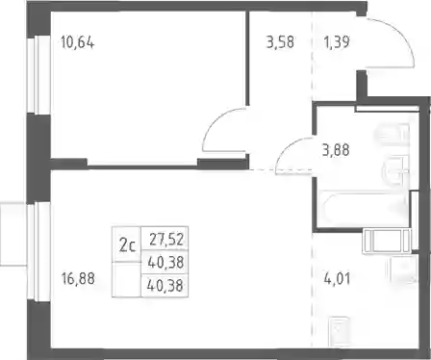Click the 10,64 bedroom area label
(x=78, y=42)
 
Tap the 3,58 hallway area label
(x=280, y=42)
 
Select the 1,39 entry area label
(x=337, y=42)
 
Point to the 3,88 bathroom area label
(x=336, y=150)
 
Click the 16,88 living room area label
(x=78, y=278)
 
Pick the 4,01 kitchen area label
(x=337, y=278)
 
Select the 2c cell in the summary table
(x=127, y=245)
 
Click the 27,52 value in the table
(x=166, y=240)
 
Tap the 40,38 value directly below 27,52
(x=165, y=263)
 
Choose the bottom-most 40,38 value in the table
(x=165, y=285)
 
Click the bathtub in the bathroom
(x=365, y=208)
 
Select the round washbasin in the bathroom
(x=395, y=171)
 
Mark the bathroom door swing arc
(x=287, y=147)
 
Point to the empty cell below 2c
(x=127, y=279)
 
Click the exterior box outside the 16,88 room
(x=13, y=234)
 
